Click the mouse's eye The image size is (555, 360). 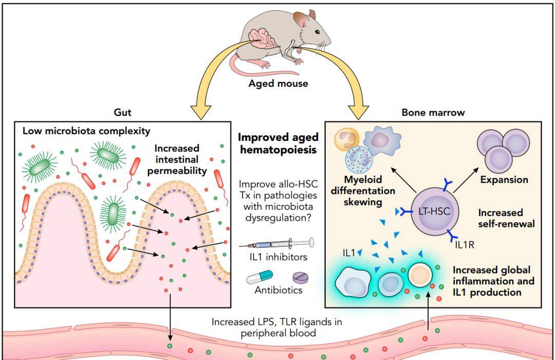tap(317, 32)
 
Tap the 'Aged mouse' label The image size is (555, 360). tap(278, 84)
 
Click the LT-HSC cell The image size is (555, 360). tap(434, 211)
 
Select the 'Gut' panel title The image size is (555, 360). tap(122, 112)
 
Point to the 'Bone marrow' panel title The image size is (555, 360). tap(433, 112)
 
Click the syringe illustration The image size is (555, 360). tap(276, 243)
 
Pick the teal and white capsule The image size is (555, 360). tap(260, 277)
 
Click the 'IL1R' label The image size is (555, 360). tap(465, 244)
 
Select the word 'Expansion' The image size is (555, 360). tap(504, 179)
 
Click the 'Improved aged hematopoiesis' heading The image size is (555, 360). tap(278, 143)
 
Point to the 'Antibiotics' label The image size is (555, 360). tap(279, 290)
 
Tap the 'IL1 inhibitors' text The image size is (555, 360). tap(278, 257)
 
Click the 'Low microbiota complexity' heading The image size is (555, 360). tap(86, 131)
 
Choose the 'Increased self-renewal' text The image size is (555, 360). tap(506, 218)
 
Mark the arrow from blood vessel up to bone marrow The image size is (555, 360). tap(428, 311)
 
